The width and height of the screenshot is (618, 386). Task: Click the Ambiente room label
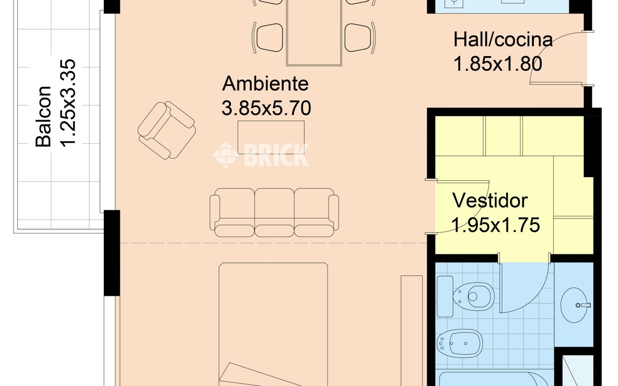pyautogui.click(x=265, y=83)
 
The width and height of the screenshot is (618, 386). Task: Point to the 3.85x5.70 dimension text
pyautogui.click(x=266, y=108)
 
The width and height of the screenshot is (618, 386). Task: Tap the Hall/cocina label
pyautogui.click(x=503, y=39)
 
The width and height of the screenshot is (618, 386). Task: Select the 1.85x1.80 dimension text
pyautogui.click(x=498, y=64)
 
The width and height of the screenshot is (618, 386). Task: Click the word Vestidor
pyautogui.click(x=490, y=200)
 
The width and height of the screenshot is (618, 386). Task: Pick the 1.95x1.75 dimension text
pyautogui.click(x=495, y=225)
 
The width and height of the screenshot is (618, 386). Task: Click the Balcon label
pyautogui.click(x=44, y=116)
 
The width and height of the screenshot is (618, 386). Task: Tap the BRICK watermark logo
pyautogui.click(x=261, y=154)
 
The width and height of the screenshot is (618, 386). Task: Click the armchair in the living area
pyautogui.click(x=167, y=130)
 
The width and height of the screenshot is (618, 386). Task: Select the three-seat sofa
pyautogui.click(x=274, y=212)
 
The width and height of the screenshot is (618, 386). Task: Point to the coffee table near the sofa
pyautogui.click(x=271, y=137)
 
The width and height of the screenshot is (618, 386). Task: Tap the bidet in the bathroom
pyautogui.click(x=460, y=344)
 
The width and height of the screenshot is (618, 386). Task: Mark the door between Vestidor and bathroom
pyautogui.click(x=524, y=287)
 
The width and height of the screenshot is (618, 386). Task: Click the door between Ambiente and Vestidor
pyautogui.click(x=459, y=207)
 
